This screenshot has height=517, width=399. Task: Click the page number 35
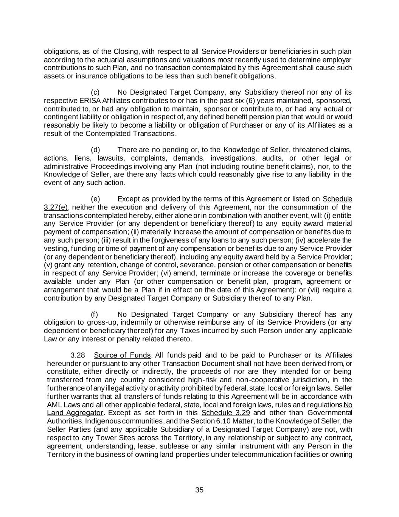[199, 490]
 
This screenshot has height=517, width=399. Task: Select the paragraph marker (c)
[95, 92]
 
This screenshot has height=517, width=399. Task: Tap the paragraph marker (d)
[95, 150]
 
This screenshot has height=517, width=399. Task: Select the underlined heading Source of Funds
[123, 355]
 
